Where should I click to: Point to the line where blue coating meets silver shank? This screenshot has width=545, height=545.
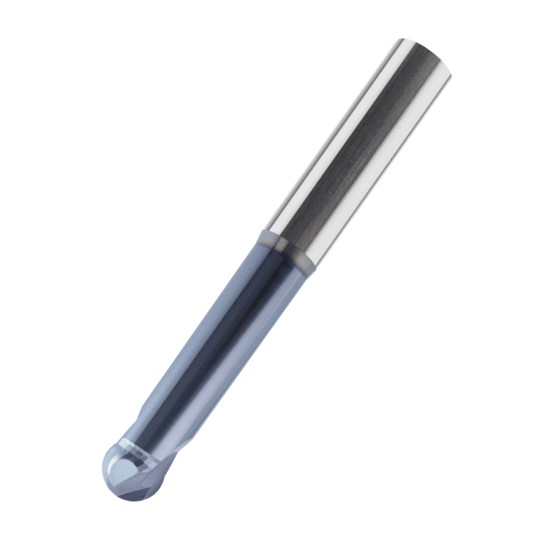pyautogui.click(x=289, y=249)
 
